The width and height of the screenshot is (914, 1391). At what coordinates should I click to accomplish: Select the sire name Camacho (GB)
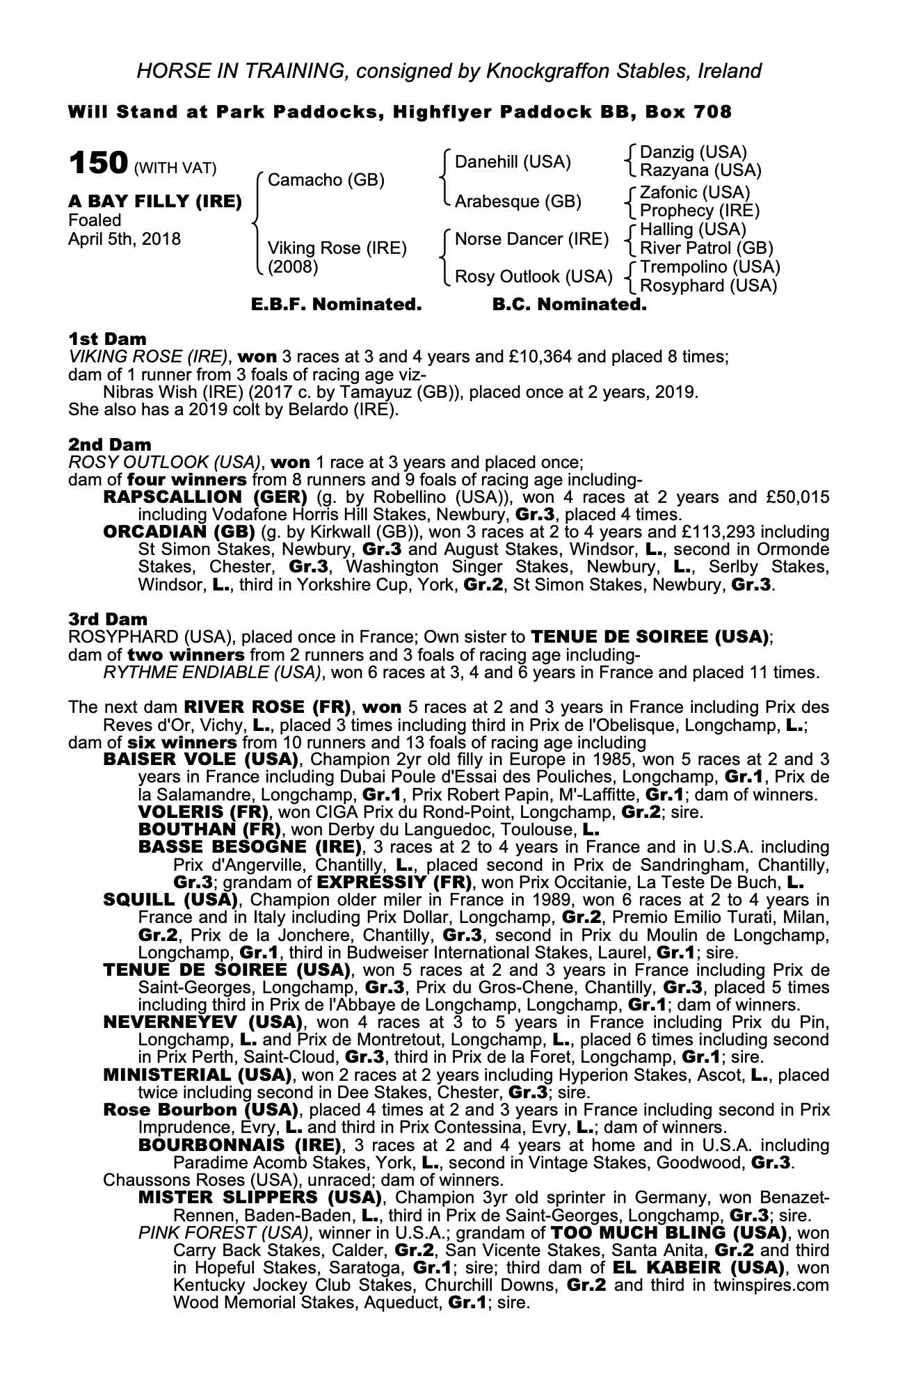326,180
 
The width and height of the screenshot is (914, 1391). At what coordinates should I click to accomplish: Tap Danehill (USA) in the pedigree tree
512,162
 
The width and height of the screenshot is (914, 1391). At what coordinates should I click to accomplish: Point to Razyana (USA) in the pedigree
700,170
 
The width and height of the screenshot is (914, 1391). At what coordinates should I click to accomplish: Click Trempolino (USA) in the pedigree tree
709,267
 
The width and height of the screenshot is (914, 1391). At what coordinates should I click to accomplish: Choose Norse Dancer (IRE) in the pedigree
531,239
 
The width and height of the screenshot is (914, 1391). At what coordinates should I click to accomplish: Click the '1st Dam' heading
107,339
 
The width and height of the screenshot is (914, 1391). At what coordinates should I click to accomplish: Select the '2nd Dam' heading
109,444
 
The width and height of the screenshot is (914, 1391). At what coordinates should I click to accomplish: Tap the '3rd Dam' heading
108,619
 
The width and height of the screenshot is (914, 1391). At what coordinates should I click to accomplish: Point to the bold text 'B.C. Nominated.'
569,305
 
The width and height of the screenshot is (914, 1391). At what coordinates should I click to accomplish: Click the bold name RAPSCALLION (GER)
205,497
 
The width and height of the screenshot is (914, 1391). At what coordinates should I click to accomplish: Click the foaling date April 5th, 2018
125,239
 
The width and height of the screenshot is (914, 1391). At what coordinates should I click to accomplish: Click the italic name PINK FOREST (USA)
223,1233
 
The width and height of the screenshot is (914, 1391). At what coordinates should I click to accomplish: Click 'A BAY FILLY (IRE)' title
155,202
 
